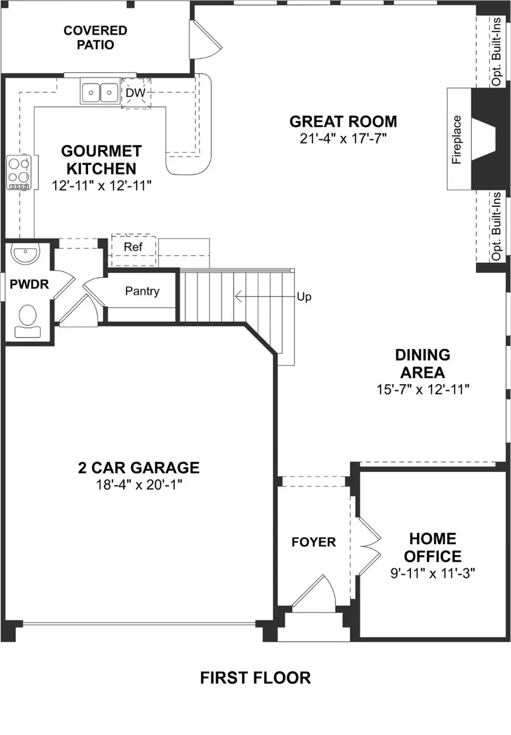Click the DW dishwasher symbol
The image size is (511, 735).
coord(136,93)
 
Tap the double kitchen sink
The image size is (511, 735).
coord(99,92)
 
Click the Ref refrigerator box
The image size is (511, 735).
coord(133,247)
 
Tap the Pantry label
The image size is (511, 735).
coord(142,291)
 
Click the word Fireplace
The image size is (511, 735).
coord(456,140)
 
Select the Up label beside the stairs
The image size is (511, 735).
coord(304,297)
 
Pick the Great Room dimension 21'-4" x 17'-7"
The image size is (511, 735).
coord(343,138)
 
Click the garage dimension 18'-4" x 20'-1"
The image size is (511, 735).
coord(139,485)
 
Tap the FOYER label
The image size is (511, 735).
coord(313,542)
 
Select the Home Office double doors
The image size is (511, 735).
coord(366,547)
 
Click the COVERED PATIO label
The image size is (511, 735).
coord(95,37)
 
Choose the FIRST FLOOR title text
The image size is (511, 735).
coord(255,678)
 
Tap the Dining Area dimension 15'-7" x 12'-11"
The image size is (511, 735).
coord(422,389)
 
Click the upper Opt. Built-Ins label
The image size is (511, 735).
coord(497,51)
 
